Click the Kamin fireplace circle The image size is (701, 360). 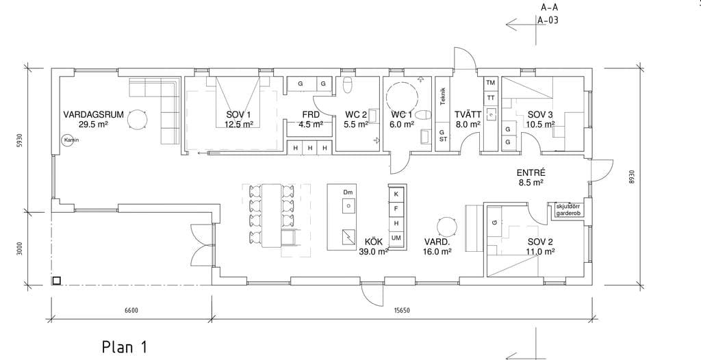(68, 140)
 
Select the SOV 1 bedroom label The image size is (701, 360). (238, 114)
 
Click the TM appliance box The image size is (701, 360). (490, 83)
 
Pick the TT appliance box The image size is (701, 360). (490, 97)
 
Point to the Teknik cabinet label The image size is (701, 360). (443, 96)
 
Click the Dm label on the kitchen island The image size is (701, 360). (348, 192)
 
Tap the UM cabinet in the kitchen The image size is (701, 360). (396, 238)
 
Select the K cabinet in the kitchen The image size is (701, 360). (396, 194)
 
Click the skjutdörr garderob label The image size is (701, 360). (568, 209)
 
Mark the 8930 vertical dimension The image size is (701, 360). (632, 177)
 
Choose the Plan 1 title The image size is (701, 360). (125, 346)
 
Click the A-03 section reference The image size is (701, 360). (548, 20)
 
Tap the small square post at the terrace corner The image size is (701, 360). (56, 281)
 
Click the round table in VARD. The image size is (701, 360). (446, 227)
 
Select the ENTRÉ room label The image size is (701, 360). (530, 173)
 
